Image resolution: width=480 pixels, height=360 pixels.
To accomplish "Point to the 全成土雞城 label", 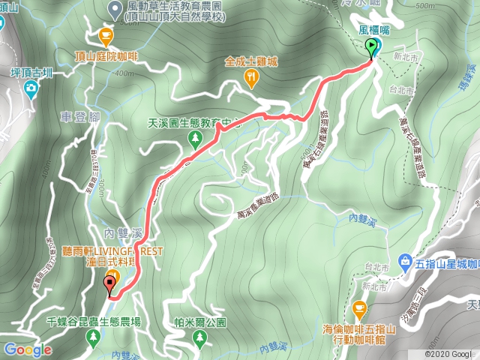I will coord(250,62).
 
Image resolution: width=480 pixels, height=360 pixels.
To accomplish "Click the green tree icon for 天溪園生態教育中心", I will coord(196,139).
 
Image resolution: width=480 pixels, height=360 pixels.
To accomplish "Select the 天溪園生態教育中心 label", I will coord(194,123).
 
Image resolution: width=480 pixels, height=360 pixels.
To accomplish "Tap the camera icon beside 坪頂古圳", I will coord(30,91).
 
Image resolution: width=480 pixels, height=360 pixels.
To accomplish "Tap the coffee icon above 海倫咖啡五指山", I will coord(360,309).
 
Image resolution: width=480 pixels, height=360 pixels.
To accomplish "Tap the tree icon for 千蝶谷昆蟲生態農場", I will coord(93,338).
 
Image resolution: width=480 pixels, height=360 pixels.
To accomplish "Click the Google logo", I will coord(27,350).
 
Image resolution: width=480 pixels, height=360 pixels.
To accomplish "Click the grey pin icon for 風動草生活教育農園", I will coord(115,9).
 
